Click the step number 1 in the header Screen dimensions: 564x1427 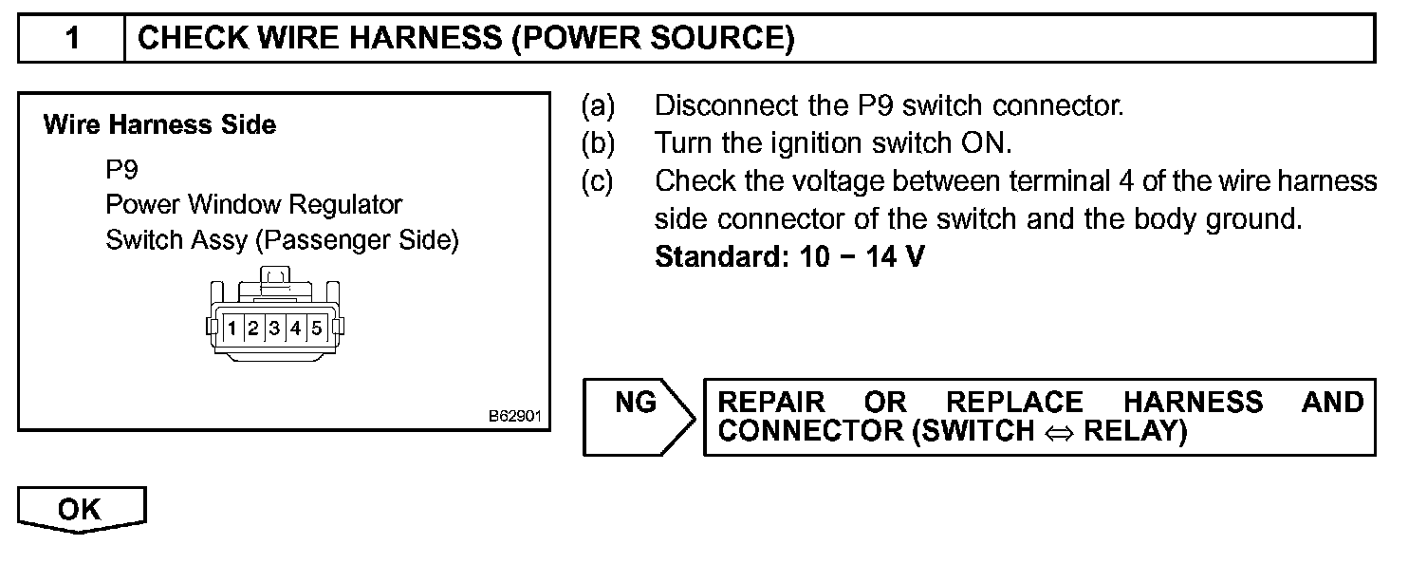72,39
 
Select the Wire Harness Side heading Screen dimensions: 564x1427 159,125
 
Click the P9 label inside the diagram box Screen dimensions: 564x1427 122,170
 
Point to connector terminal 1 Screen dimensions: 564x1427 232,329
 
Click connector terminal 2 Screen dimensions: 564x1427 253,329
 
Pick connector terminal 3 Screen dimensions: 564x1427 274,329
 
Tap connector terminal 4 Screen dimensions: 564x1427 295,329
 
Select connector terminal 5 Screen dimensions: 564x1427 316,329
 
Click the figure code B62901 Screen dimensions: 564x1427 514,416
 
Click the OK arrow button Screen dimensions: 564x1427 81,510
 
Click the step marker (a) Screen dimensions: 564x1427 598,104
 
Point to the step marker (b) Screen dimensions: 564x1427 598,142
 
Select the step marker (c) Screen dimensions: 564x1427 598,180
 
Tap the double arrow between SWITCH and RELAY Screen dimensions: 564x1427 1059,432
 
